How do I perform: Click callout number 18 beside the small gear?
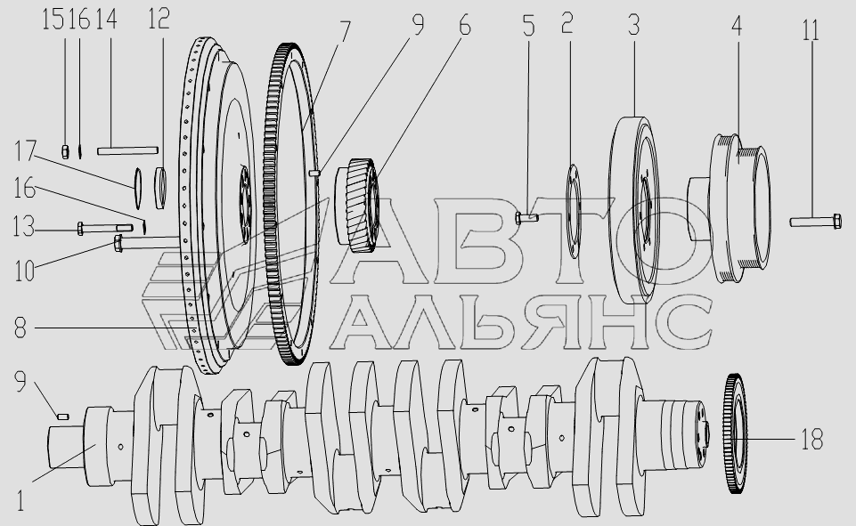[811, 439]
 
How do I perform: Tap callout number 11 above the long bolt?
[811, 30]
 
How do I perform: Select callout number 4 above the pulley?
[737, 26]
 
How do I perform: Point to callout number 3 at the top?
[633, 25]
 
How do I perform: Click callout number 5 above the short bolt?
[528, 26]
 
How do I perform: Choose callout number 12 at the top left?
[159, 19]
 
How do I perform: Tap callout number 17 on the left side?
[25, 150]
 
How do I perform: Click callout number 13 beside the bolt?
[23, 226]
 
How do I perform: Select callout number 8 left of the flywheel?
[20, 328]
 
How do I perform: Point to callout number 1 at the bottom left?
[20, 501]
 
